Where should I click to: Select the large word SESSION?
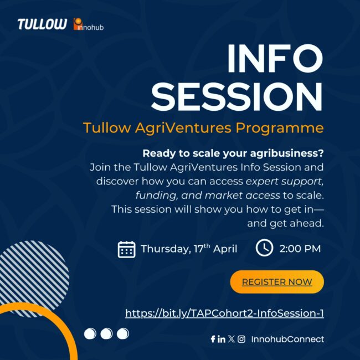point(237,97)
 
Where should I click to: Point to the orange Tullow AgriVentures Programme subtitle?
point(203,128)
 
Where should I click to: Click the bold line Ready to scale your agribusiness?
point(233,153)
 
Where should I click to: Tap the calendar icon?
point(127,249)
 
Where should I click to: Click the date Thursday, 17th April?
point(189,249)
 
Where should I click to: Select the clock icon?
point(264,248)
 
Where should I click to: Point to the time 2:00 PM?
point(300,249)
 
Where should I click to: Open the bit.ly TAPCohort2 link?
point(224,313)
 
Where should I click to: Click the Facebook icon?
point(213,339)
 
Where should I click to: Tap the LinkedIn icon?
point(222,339)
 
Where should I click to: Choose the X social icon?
point(231,339)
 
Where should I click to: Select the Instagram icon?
point(241,339)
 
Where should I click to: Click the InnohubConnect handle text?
point(287,339)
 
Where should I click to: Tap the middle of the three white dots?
point(106,333)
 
